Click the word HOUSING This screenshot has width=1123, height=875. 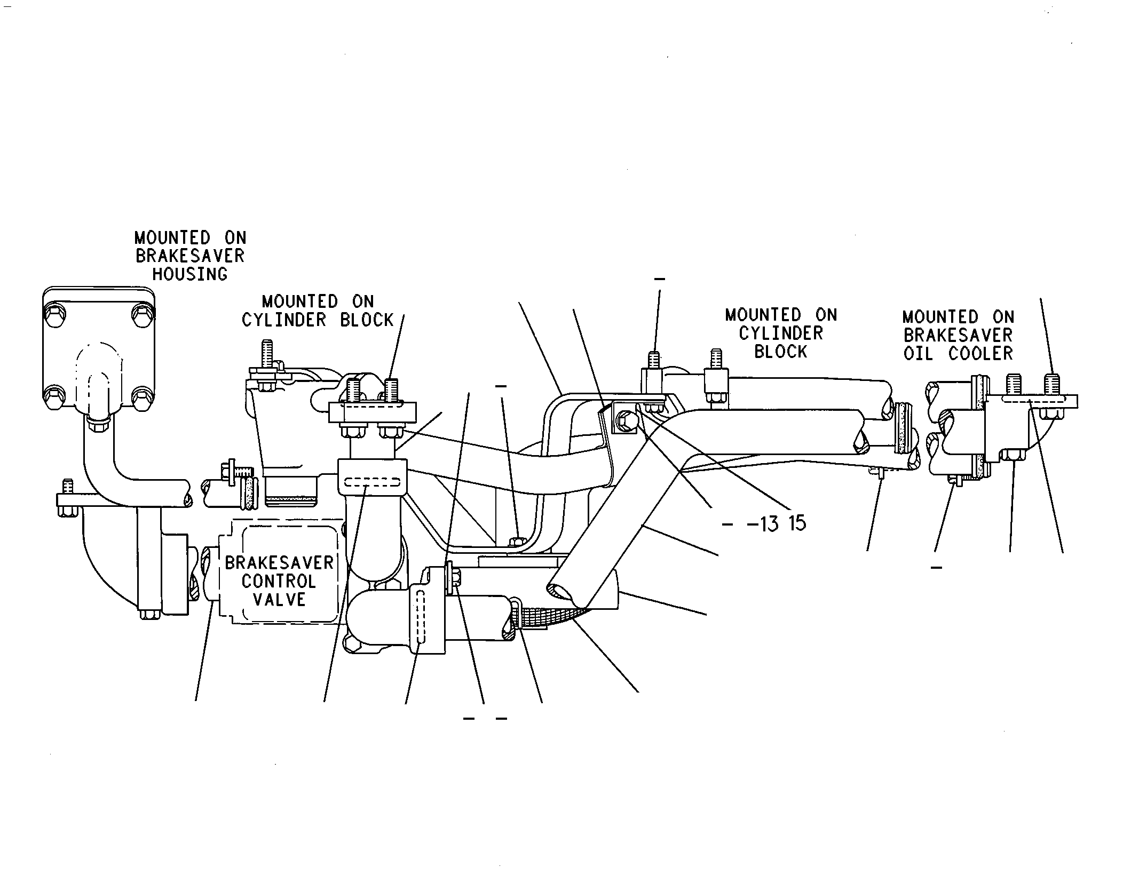(x=190, y=274)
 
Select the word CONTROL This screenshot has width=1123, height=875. (x=279, y=581)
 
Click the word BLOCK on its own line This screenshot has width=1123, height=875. (x=781, y=352)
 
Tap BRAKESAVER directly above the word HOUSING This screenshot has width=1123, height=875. (x=190, y=256)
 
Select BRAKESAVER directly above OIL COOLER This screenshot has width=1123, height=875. (x=958, y=335)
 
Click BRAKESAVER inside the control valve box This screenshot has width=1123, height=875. (x=279, y=563)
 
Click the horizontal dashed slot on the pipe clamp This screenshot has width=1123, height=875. (x=373, y=483)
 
